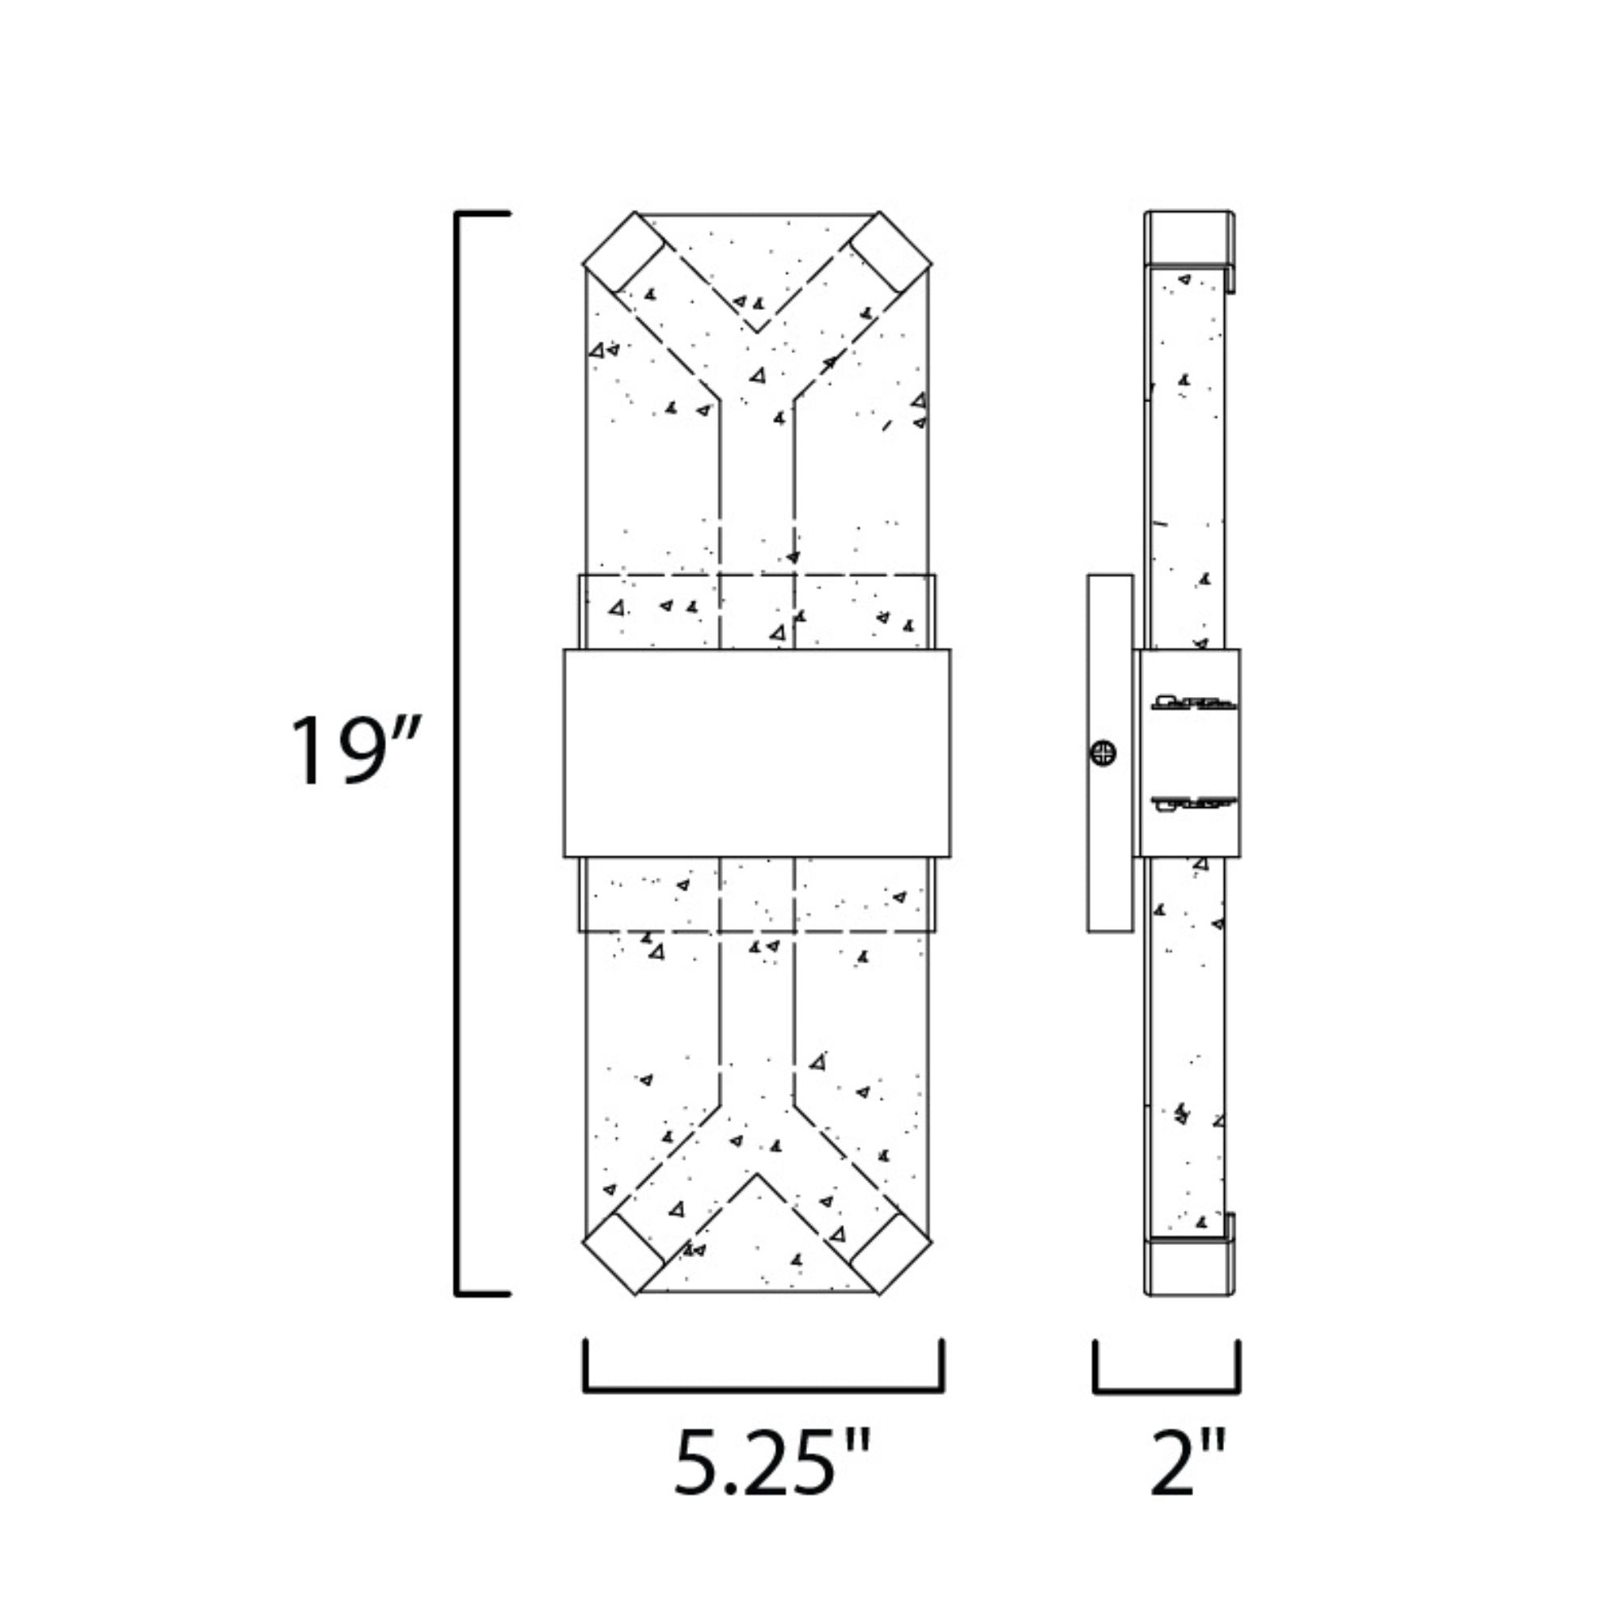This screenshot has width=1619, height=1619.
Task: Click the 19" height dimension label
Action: click(x=353, y=751)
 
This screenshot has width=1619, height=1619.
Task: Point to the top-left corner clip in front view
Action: click(x=625, y=253)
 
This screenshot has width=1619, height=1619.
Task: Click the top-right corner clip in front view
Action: click(x=890, y=253)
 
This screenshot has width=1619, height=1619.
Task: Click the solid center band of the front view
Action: click(x=758, y=753)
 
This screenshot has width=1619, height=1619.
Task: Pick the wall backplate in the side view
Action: click(x=1111, y=753)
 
